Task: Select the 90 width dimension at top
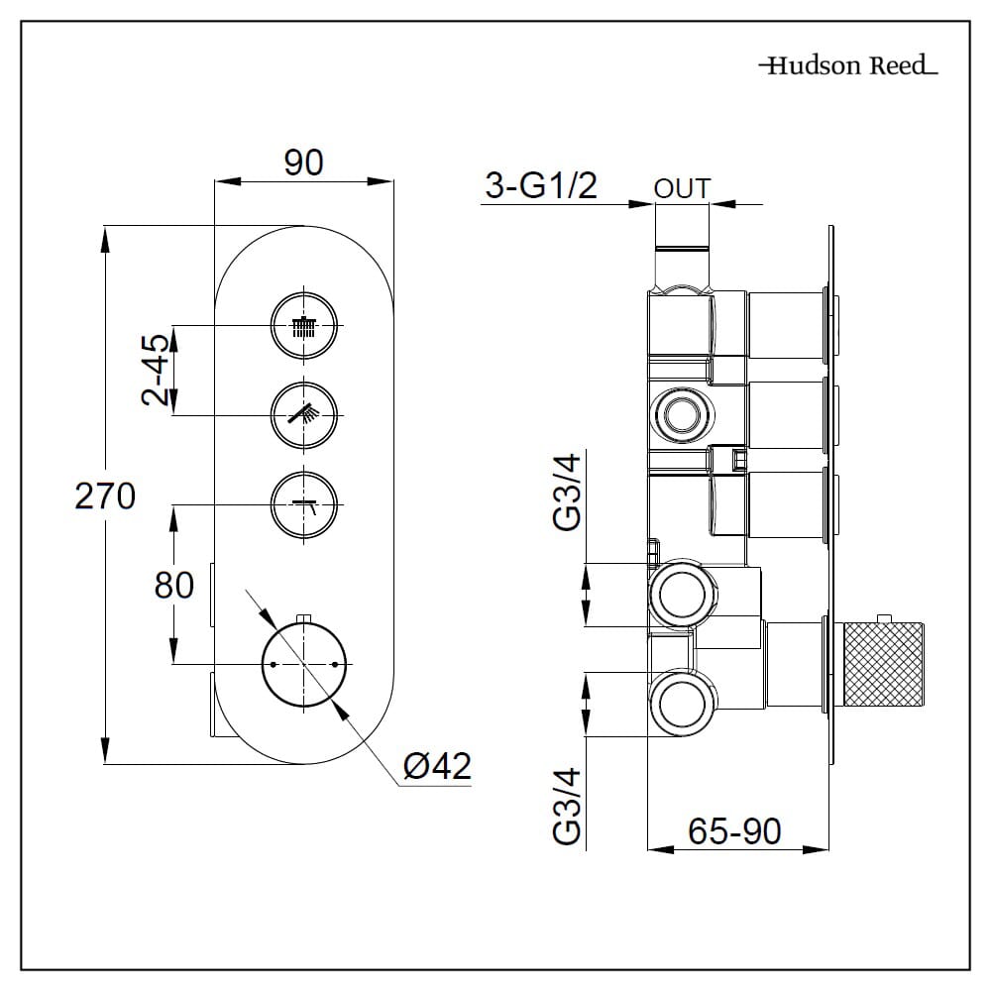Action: tap(304, 163)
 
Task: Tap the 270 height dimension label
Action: tap(105, 495)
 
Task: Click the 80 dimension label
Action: tap(174, 585)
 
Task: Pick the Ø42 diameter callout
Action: tap(437, 765)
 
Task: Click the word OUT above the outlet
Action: tap(682, 188)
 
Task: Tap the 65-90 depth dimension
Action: tap(735, 830)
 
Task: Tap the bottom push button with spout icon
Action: tap(304, 505)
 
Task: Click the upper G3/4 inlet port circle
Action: tap(682, 595)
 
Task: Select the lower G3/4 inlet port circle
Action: tap(682, 703)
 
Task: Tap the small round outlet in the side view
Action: tap(682, 414)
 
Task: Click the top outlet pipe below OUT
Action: tap(682, 248)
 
